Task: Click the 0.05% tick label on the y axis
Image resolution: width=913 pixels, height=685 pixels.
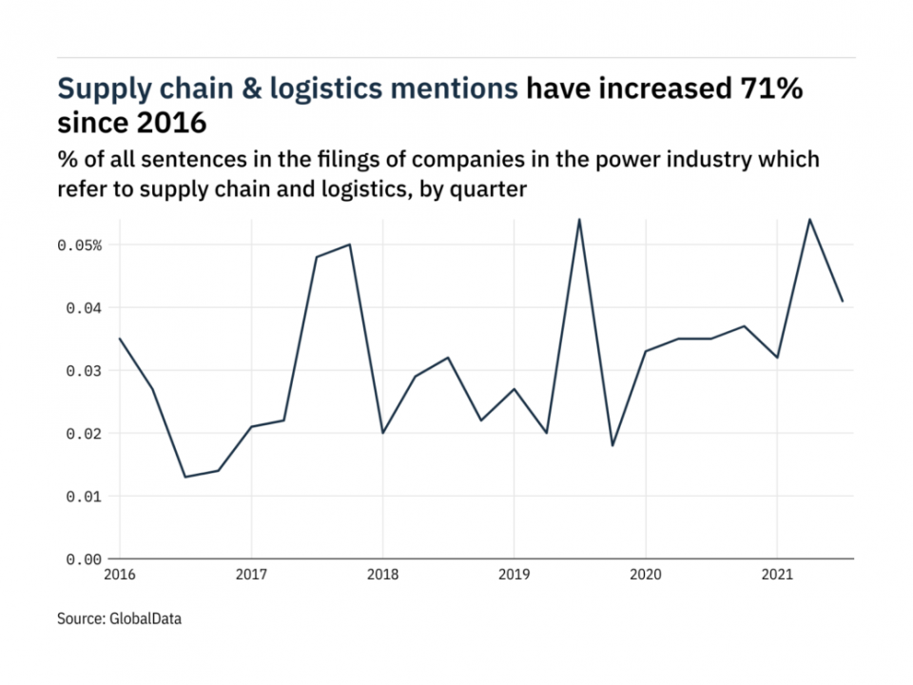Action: (79, 245)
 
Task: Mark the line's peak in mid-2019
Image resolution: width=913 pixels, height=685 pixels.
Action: (579, 220)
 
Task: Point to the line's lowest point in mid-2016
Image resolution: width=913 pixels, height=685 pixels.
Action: (185, 477)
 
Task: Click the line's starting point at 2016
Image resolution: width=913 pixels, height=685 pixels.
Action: (120, 339)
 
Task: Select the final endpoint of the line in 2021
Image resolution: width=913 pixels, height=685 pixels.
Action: (843, 302)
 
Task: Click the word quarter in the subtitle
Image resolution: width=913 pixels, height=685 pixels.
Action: (491, 189)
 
